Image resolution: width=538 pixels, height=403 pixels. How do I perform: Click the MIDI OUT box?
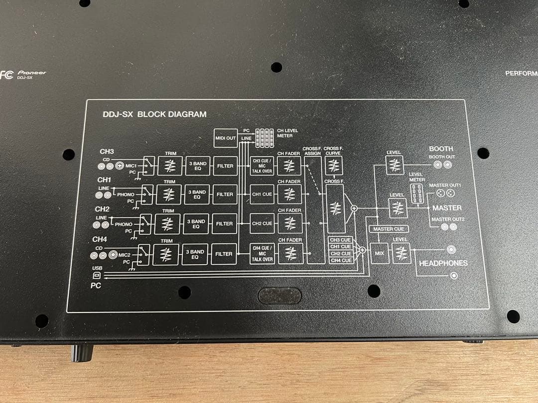226,138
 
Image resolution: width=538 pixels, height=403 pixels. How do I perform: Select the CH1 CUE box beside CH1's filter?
262,195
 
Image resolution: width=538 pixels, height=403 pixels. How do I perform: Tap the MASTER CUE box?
389,229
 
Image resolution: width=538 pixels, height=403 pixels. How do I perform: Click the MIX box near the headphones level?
379,253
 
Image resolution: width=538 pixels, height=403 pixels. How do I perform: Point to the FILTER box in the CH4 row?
224,254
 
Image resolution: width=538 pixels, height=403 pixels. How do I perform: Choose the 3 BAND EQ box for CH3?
198,166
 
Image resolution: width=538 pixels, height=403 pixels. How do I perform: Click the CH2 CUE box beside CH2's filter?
262,223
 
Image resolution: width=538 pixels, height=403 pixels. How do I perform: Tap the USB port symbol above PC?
97,275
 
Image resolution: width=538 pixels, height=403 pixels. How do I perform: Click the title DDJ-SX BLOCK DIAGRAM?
155,114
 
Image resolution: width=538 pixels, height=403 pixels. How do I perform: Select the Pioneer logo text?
31,73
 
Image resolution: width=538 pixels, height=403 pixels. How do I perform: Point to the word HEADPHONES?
443,263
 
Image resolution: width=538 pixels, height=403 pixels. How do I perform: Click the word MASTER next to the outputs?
447,208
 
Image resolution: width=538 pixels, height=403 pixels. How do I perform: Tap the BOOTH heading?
441,149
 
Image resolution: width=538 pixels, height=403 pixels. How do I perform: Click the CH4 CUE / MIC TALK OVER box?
262,254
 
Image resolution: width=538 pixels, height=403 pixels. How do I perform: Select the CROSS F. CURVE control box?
333,166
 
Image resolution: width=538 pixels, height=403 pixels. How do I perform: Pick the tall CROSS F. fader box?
335,208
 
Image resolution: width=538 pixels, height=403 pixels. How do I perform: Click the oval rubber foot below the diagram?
279,296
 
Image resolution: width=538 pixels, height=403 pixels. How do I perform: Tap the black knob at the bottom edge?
82,353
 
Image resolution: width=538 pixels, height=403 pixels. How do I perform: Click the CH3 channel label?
107,151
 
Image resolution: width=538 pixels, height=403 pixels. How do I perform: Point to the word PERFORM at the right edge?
521,73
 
